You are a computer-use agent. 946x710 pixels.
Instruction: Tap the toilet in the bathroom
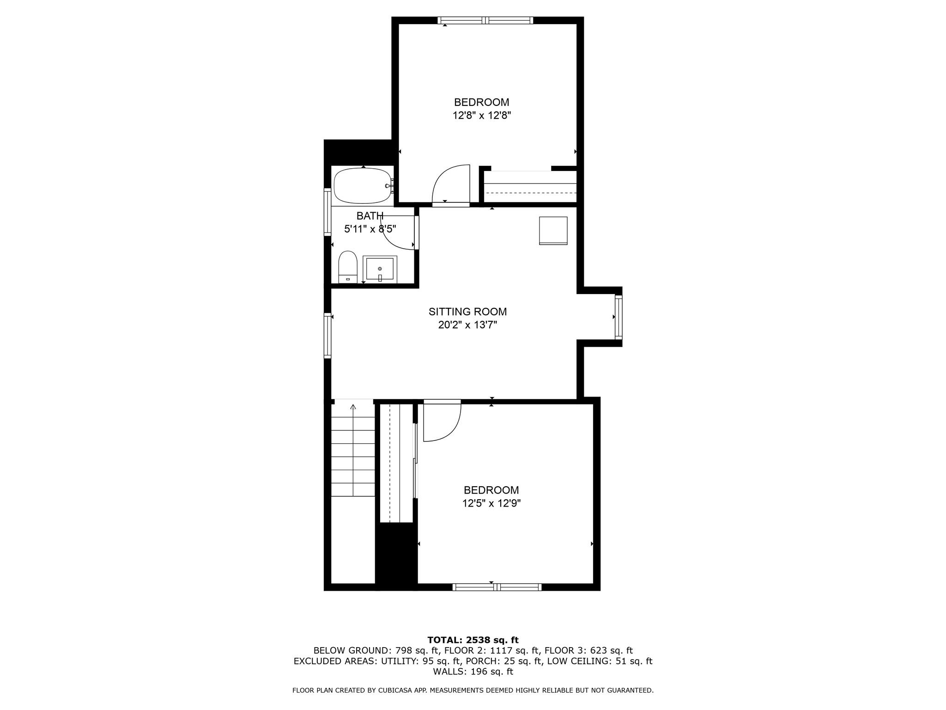[x=348, y=267]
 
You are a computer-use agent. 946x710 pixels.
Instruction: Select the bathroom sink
[x=380, y=269]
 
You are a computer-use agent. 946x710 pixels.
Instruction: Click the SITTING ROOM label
[x=467, y=312]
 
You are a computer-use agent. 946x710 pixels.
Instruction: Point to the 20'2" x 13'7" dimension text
[x=467, y=325]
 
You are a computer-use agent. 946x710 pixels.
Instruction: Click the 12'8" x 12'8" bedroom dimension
[x=481, y=116]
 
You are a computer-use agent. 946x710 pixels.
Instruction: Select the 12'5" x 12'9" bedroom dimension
[x=491, y=503]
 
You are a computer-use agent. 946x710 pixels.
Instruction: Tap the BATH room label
[x=370, y=216]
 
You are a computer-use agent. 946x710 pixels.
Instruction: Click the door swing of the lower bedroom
[x=443, y=422]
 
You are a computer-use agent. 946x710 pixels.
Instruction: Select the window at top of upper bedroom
[x=485, y=20]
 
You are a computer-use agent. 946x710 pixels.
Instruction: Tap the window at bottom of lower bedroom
[x=497, y=587]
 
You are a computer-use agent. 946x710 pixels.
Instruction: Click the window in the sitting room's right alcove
[x=619, y=317]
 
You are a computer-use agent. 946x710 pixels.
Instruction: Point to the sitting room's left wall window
[x=327, y=336]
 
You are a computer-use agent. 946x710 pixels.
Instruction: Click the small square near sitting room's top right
[x=553, y=230]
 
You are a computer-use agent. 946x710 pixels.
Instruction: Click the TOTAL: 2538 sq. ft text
[x=473, y=640]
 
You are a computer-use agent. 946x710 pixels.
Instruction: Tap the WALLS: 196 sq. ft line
[x=473, y=672]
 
